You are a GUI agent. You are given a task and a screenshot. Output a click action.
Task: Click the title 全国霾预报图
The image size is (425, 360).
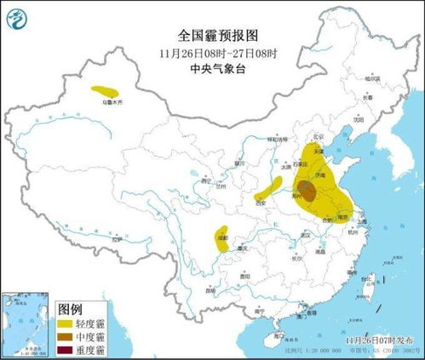212,35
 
